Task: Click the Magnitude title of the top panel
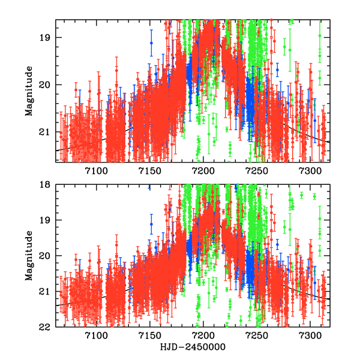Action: click(29, 91)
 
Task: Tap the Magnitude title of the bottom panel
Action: click(29, 256)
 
